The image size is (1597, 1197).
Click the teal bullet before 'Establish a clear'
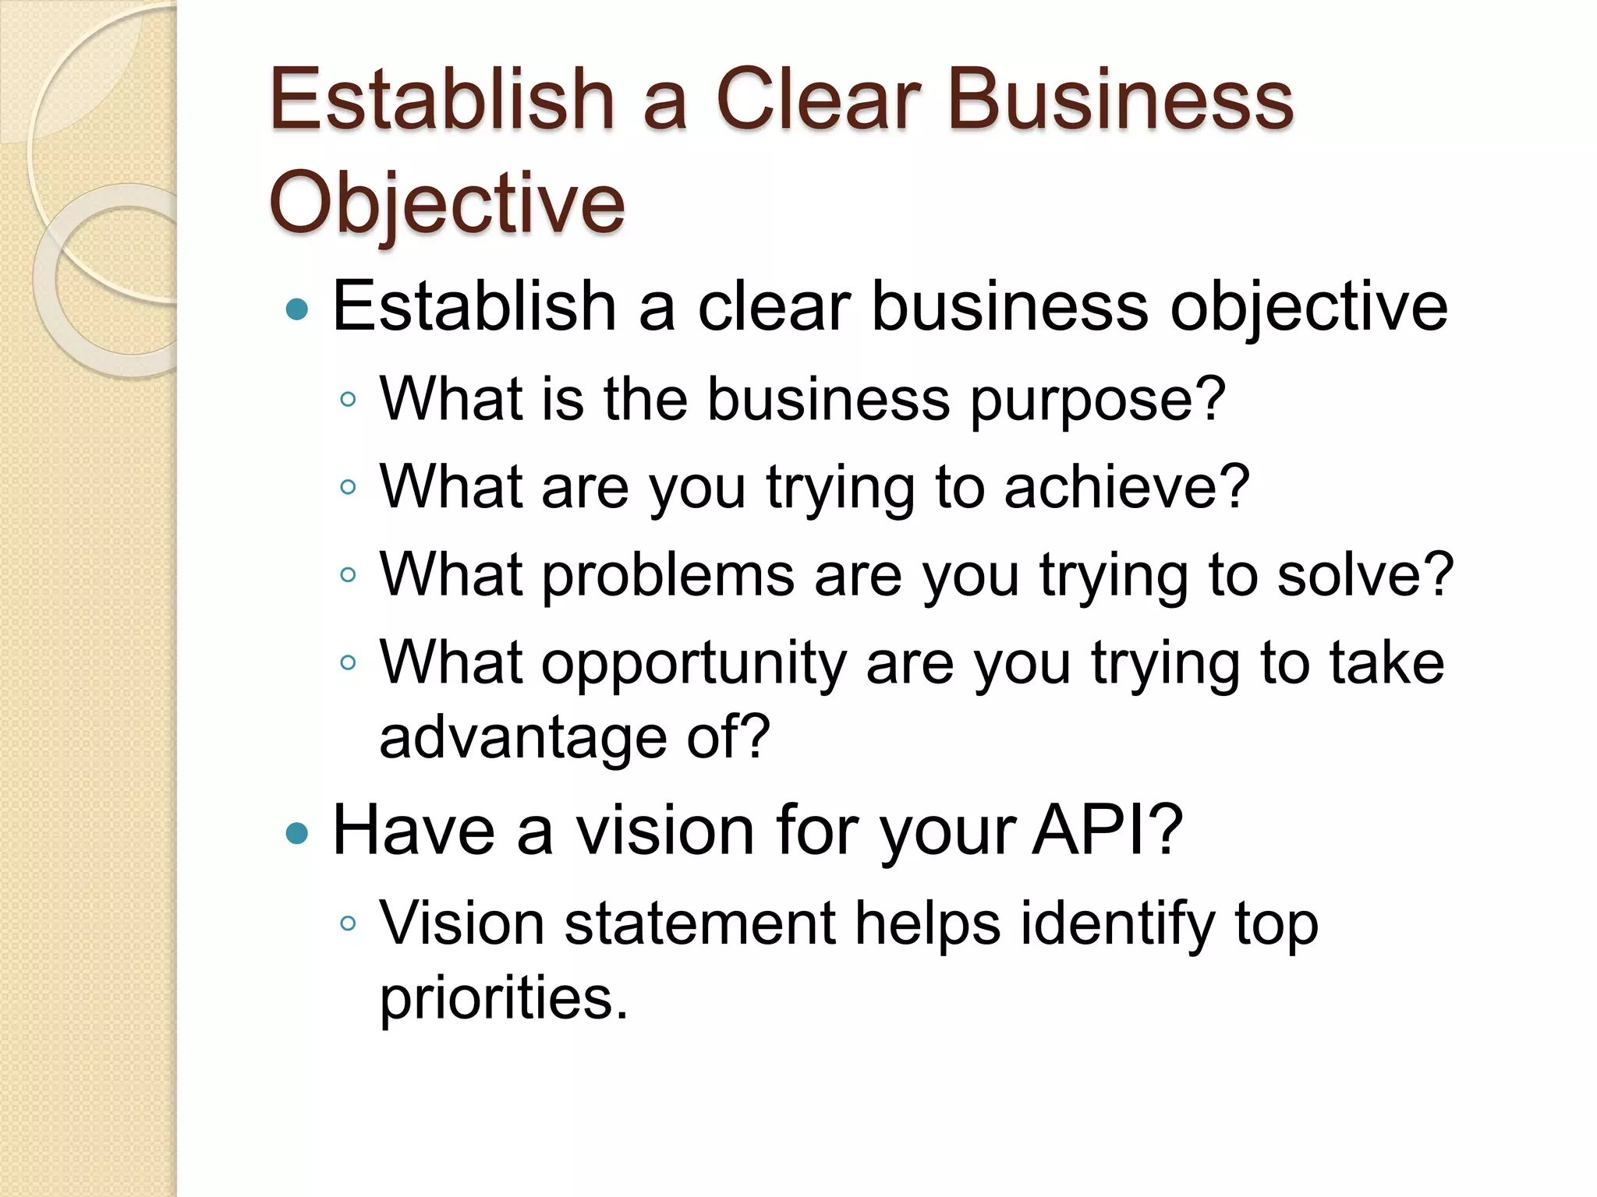tap(297, 309)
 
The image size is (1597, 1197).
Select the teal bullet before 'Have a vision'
tap(297, 834)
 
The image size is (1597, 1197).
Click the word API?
tap(1108, 831)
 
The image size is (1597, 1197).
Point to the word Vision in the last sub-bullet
tap(462, 924)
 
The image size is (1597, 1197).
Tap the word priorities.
tap(503, 999)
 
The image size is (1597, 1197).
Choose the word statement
tap(699, 924)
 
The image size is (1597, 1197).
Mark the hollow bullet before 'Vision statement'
tap(348, 924)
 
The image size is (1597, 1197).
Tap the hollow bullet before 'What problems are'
tap(348, 576)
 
